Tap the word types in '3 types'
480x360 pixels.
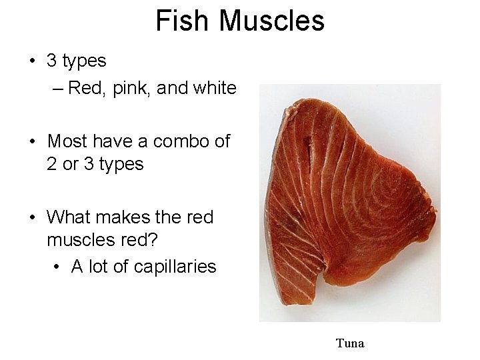coord(84,61)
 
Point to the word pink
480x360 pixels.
coord(131,88)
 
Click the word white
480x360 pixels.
coord(213,88)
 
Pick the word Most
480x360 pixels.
coord(67,141)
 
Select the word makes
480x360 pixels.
coord(123,217)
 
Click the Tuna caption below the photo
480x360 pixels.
coord(350,344)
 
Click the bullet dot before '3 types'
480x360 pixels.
coord(32,61)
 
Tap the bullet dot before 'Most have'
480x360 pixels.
coord(32,142)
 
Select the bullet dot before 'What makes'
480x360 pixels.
coord(32,218)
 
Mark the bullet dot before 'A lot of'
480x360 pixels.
coord(57,267)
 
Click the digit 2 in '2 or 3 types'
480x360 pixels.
coord(51,164)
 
